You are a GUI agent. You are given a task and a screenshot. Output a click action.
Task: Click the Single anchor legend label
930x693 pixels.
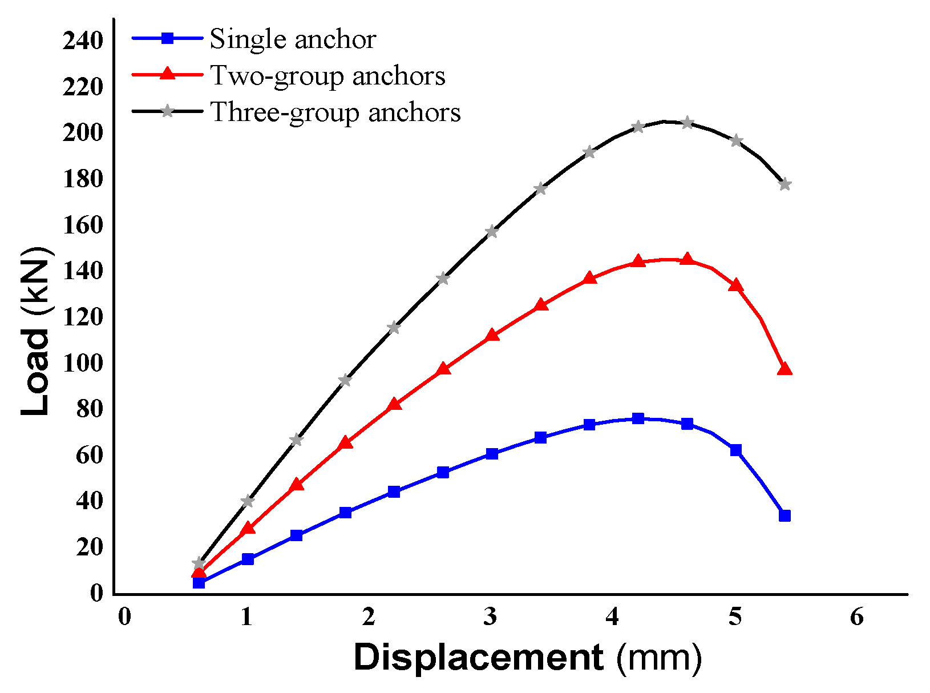tap(293, 39)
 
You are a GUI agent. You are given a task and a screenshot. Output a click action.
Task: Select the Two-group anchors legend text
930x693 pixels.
tap(327, 76)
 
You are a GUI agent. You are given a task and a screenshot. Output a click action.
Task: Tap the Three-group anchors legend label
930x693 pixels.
tap(335, 112)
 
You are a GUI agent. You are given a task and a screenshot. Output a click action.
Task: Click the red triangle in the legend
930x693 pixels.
tap(167, 74)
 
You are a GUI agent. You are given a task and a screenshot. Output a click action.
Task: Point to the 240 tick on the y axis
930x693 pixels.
tap(83, 41)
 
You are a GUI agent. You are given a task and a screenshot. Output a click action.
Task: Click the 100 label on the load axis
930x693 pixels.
tap(83, 363)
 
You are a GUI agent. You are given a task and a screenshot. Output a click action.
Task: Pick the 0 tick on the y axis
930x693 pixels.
tap(96, 593)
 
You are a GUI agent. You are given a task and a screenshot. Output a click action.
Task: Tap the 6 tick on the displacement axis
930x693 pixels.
tap(857, 617)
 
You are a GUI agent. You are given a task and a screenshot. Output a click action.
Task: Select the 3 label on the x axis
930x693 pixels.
tap(491, 617)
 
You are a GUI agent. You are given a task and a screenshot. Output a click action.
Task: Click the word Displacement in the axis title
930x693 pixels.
tap(478, 657)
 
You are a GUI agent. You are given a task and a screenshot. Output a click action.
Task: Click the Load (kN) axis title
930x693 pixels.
tap(35, 331)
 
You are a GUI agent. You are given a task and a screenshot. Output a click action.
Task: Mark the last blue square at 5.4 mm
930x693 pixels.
tap(785, 515)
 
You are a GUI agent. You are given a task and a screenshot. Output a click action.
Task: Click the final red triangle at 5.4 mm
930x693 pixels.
tap(785, 369)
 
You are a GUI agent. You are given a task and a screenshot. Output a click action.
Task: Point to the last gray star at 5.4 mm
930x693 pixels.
tap(785, 184)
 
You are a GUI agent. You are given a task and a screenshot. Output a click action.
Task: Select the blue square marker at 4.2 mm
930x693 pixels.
tap(638, 418)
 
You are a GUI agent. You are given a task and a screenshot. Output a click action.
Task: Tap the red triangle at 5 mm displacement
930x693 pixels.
tap(735, 285)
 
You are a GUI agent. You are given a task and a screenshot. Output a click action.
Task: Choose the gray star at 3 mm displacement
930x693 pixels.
tap(491, 232)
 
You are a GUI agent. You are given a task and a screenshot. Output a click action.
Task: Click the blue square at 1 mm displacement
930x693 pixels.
tap(247, 559)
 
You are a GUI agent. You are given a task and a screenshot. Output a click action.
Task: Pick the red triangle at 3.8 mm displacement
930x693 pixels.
tap(589, 279)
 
